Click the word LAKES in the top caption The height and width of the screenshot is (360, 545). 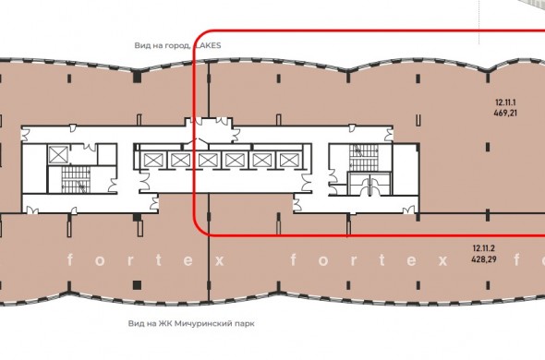pos(209,45)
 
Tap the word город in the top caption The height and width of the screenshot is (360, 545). pos(177,45)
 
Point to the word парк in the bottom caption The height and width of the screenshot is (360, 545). pos(242,324)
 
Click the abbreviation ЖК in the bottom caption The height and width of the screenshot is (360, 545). pos(165,323)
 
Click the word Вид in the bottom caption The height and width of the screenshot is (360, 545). pos(135,323)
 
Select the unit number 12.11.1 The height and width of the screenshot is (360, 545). pos(505,102)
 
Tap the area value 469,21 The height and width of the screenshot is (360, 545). pos(505,113)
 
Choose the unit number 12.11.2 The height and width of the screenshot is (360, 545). pos(483,248)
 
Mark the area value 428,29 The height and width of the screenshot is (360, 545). pos(483,259)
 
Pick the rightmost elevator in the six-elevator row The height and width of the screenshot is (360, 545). pos(289,161)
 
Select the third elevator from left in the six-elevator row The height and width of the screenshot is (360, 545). pos(208,161)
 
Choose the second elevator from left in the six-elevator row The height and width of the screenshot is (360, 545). pos(181,161)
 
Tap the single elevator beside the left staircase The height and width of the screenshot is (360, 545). pos(58,155)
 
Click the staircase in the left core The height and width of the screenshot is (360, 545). pos(76,180)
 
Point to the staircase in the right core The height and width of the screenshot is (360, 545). pos(364,158)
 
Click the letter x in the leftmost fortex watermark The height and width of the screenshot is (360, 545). pos(219,260)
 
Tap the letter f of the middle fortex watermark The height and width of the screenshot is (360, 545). pos(294,259)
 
